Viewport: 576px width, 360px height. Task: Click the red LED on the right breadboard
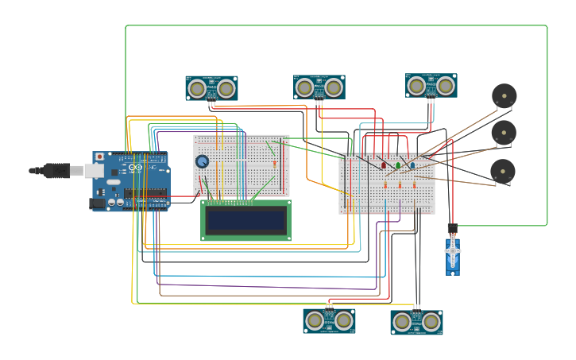[384, 165]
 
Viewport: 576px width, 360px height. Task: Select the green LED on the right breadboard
[398, 165]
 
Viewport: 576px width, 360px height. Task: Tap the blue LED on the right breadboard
[412, 165]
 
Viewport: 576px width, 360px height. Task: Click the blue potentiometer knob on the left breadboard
[203, 161]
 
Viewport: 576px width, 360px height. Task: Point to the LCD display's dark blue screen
[245, 220]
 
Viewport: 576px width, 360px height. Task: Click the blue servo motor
[453, 254]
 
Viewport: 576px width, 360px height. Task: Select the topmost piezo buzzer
[504, 96]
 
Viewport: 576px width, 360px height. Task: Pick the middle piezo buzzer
[504, 133]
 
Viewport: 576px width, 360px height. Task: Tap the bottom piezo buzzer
[503, 171]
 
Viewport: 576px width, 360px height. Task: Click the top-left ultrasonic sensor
[211, 88]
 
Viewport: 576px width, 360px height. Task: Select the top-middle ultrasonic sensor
[319, 87]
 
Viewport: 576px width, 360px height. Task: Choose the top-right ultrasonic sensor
[431, 86]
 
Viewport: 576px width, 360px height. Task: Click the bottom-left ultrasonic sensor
[329, 320]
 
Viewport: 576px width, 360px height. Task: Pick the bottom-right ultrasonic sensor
[416, 322]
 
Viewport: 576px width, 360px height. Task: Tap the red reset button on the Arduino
[99, 157]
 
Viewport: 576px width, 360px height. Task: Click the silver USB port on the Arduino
[95, 171]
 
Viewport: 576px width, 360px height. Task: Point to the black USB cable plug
[56, 170]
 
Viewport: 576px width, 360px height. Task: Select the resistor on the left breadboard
[274, 164]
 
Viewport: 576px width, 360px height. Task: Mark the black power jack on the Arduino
[98, 203]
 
